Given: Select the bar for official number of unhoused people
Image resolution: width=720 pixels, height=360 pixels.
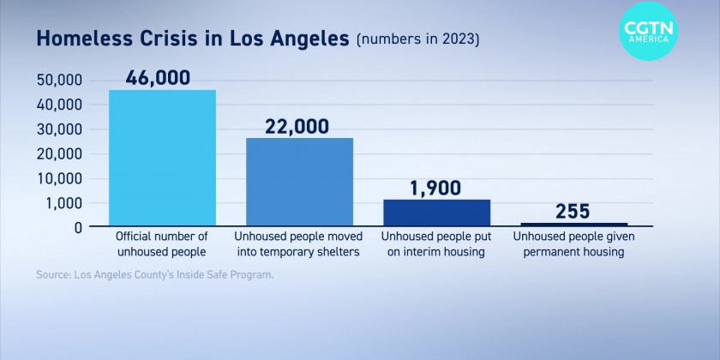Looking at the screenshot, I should (x=162, y=158).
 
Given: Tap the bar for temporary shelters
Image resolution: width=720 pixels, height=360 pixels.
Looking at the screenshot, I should (x=299, y=182).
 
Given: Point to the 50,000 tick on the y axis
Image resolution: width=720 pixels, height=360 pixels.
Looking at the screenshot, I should (x=59, y=80).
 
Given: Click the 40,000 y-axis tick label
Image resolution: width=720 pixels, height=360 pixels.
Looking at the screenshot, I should (x=59, y=105).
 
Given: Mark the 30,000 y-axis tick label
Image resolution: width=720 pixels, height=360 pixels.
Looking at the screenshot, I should (x=59, y=129).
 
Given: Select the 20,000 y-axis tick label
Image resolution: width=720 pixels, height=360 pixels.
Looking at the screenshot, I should (x=59, y=154).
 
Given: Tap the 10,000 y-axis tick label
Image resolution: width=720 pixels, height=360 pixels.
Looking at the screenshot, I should (x=59, y=179).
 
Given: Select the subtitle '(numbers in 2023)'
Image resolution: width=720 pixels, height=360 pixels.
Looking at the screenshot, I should (x=418, y=39).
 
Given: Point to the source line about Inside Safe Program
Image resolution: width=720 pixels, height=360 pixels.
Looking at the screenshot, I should (x=154, y=275).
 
